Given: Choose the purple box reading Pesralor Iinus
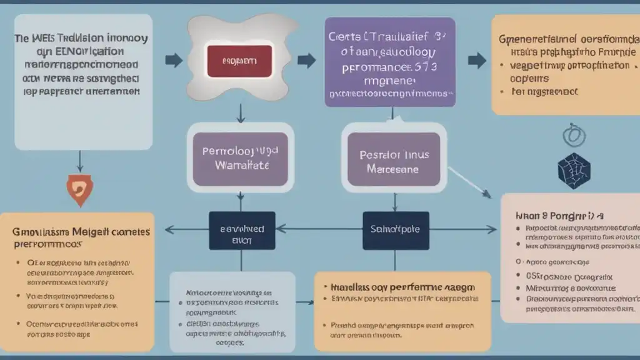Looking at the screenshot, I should click(x=394, y=161).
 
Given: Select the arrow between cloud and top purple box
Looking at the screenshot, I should click(x=306, y=61).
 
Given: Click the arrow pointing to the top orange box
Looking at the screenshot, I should click(x=476, y=60).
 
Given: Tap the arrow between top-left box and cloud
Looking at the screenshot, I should click(x=173, y=61).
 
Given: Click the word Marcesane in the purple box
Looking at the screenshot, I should click(x=394, y=169).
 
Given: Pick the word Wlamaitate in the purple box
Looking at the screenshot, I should click(x=241, y=166).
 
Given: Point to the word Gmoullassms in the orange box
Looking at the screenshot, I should click(x=38, y=231).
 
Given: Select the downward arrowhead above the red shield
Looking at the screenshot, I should click(x=80, y=167).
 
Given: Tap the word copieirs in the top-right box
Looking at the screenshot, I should click(x=529, y=79).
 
